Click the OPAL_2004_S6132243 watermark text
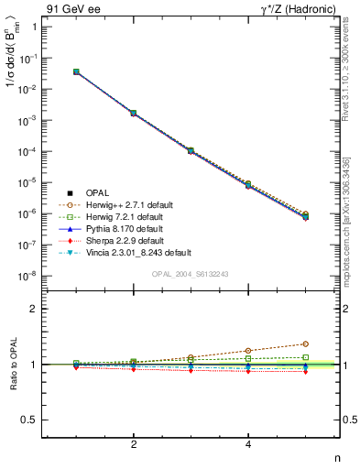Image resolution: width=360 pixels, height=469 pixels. click(191, 275)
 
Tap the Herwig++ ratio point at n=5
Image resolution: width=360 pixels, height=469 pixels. click(305, 344)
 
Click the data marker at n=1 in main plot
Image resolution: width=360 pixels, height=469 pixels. click(76, 71)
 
